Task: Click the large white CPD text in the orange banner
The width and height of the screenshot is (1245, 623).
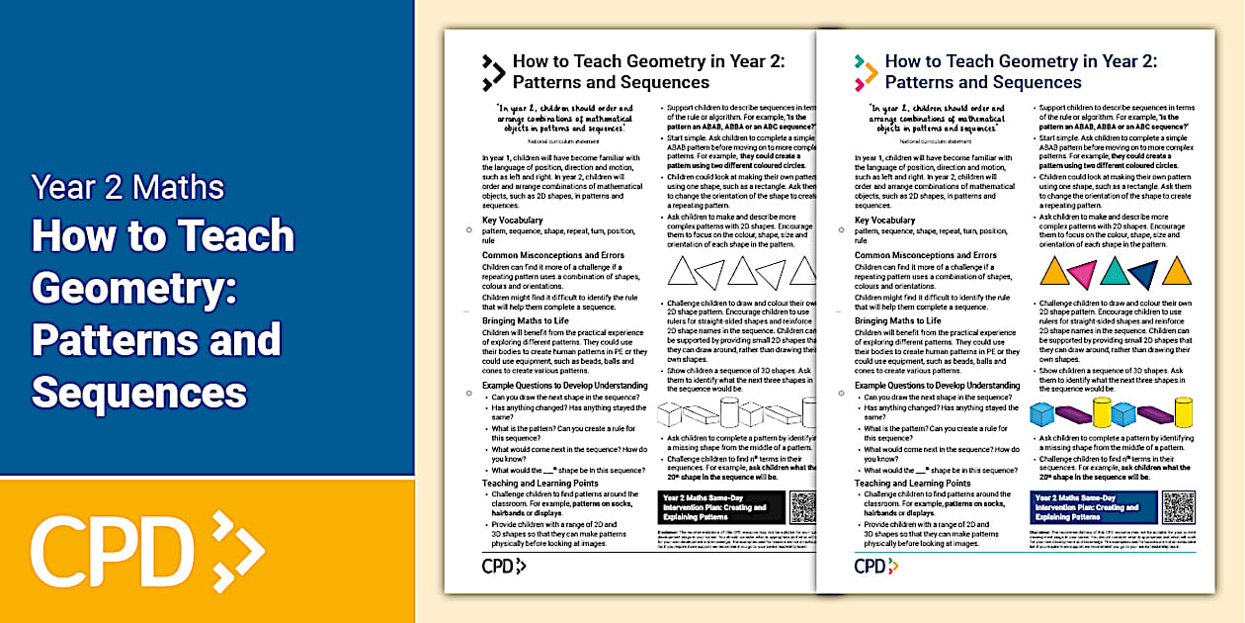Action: coord(111,547)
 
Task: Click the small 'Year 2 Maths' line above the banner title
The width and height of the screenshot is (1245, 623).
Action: coord(127,187)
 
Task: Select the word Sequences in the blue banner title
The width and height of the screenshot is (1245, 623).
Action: coord(139,392)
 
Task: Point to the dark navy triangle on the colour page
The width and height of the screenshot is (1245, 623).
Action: coord(1144,274)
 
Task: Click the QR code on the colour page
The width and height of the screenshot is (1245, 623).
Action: coord(1179,507)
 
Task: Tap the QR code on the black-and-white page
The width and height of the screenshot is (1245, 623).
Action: coord(803,507)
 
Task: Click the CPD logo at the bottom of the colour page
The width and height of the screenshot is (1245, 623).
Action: coord(875,566)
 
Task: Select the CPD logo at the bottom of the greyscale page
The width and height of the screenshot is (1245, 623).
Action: coord(503,566)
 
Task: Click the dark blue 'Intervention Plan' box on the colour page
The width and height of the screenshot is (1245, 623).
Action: coord(1093,506)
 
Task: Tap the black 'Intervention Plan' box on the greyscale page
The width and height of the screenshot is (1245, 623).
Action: coord(720,507)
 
